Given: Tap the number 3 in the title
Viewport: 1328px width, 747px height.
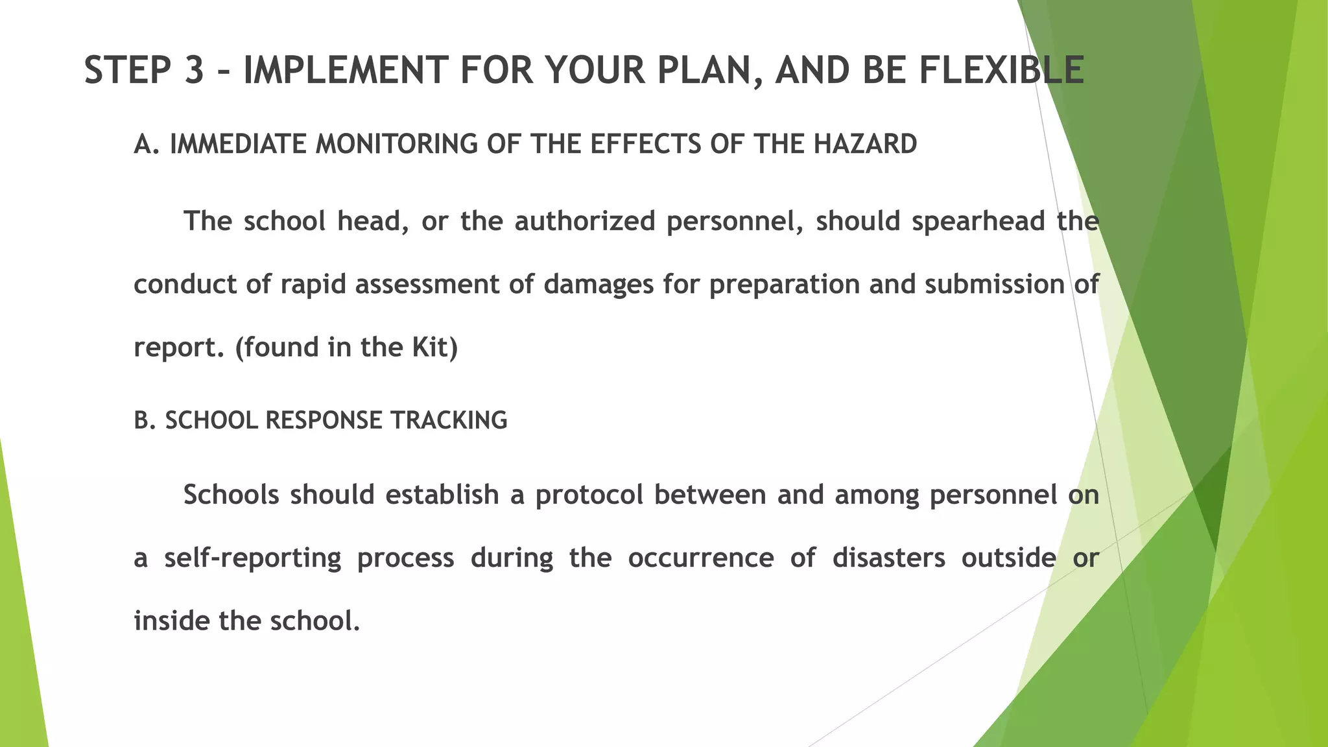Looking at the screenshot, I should click(194, 70).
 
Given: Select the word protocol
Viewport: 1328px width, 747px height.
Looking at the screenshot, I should click(589, 495).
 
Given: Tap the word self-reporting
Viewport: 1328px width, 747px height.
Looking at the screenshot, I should click(252, 558).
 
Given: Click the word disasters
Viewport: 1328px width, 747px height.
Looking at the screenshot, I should click(888, 558).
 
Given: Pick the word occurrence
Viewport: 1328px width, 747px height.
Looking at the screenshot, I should click(700, 558).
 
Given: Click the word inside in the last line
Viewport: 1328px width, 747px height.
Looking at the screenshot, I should click(172, 621).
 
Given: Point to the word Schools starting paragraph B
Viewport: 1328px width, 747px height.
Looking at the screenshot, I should click(232, 495).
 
